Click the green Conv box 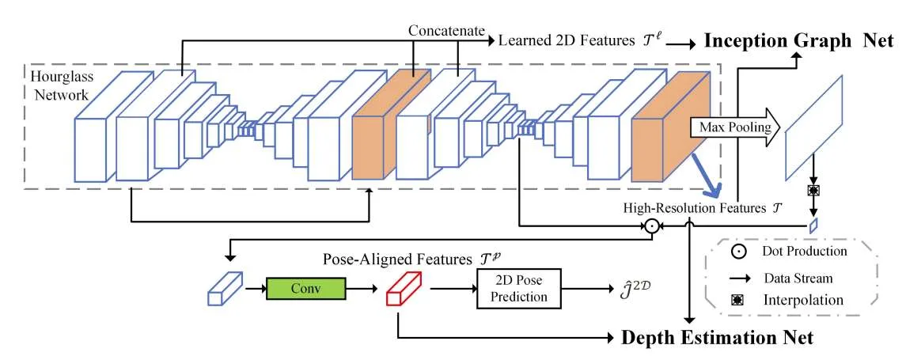click(x=305, y=288)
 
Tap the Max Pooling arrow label click(x=727, y=127)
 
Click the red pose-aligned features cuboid click(x=404, y=288)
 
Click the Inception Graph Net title click(x=798, y=41)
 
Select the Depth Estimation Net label click(x=716, y=338)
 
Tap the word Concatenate click(x=446, y=31)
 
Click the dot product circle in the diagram click(x=652, y=225)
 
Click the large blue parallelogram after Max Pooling click(x=813, y=127)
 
